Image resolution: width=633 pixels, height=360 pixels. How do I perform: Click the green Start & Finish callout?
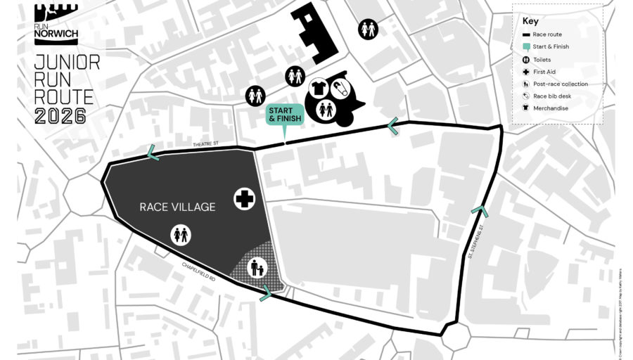coord(285,115)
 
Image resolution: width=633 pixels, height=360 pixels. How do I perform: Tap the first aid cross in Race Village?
coord(244,199)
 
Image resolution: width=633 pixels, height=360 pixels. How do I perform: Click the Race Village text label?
coord(177,207)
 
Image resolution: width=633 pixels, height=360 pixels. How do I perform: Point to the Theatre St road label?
coord(206,145)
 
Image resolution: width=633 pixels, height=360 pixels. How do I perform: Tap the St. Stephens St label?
coord(476,241)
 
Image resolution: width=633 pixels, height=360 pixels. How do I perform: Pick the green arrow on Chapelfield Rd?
coord(266,293)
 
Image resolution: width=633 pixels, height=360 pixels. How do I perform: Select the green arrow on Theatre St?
coord(153,152)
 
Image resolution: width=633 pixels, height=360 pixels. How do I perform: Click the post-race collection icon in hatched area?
coord(257,268)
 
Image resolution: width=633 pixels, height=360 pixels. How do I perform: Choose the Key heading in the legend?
coord(530,21)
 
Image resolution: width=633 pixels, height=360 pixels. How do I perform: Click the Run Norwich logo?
coord(56,20)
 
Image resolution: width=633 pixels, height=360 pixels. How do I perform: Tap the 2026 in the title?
coord(60,116)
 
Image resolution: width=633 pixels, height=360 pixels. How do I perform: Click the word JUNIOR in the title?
coord(67,63)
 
